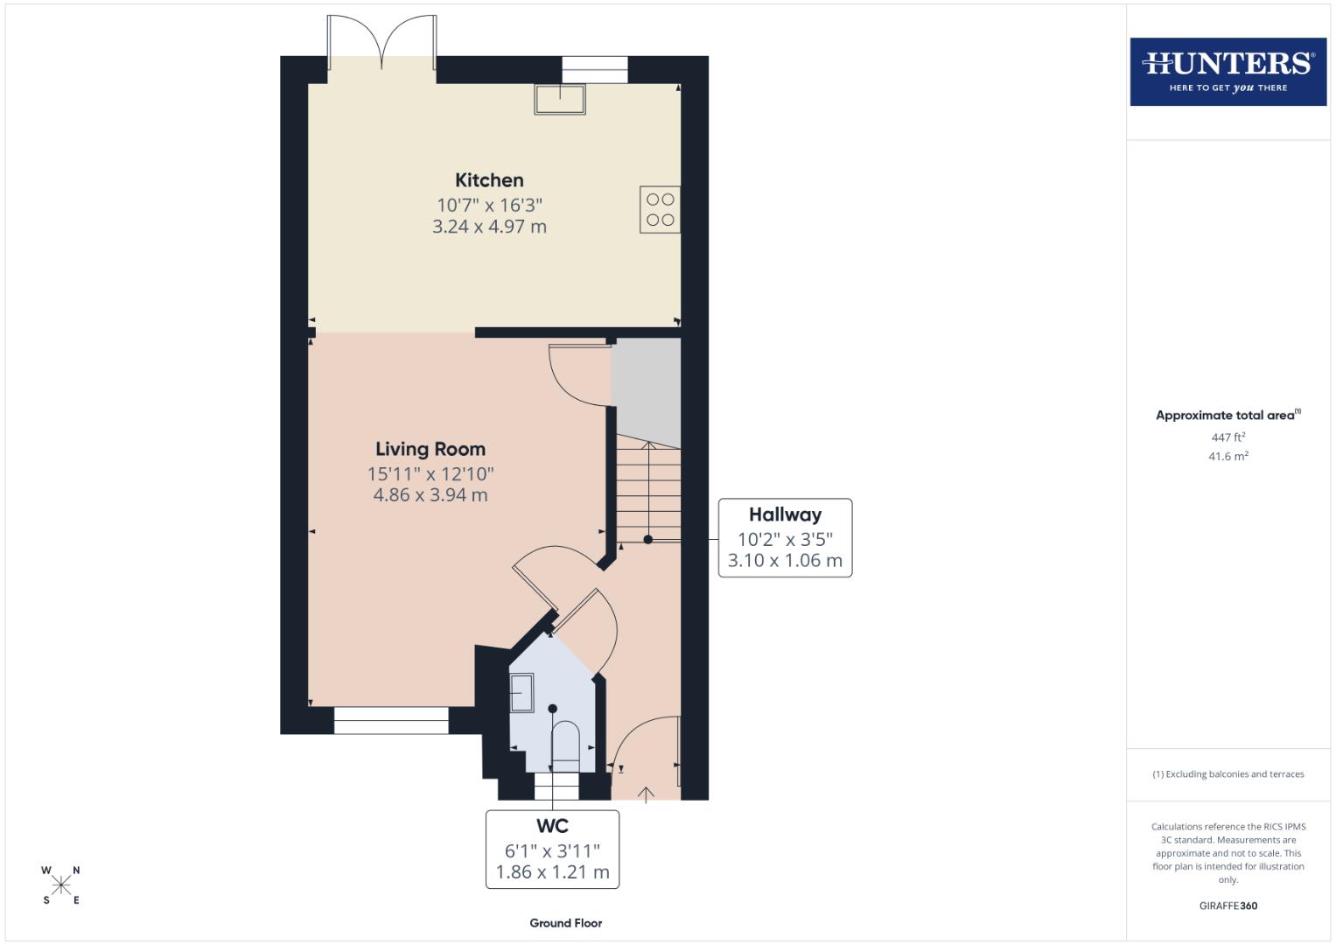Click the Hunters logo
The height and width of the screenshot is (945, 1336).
(1228, 72)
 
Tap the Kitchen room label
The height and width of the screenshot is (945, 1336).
(489, 180)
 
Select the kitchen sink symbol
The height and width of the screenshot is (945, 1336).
(560, 100)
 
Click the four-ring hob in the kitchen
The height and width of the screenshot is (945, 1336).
(660, 210)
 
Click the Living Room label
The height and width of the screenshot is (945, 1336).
(430, 449)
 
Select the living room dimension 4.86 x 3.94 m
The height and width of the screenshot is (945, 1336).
(430, 495)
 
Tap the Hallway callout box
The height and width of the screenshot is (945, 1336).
(785, 537)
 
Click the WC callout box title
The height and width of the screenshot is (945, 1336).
(552, 826)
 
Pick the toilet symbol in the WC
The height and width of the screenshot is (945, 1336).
(565, 745)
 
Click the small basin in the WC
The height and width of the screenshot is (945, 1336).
(521, 693)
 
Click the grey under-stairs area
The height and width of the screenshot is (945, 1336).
(646, 385)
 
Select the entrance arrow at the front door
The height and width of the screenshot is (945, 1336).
(646, 794)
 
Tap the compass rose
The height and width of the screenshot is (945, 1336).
(61, 885)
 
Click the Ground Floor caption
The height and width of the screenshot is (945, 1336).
(565, 922)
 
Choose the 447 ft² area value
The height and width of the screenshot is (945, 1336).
(1228, 437)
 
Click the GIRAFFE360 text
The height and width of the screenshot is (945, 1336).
(1228, 906)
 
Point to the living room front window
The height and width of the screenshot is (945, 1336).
(391, 720)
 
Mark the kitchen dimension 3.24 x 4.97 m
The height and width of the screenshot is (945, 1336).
(489, 227)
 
